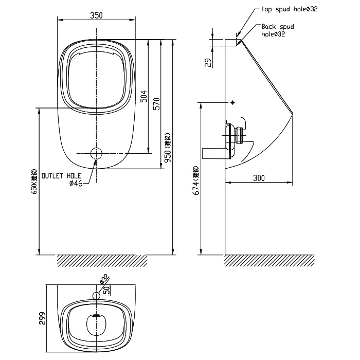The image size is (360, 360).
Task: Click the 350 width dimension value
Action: click(96, 15)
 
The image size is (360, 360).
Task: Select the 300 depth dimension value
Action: click(259, 178)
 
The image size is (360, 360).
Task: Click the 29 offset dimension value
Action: click(208, 63)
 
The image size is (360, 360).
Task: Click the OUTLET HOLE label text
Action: click(60, 175)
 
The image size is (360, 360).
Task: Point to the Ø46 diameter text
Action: click(75, 183)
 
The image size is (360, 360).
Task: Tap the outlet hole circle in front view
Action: click(96, 153)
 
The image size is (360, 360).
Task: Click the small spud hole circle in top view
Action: click(96, 295)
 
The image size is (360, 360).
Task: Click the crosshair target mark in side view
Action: click(233, 103)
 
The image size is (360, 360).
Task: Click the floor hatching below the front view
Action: click(101, 260)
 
